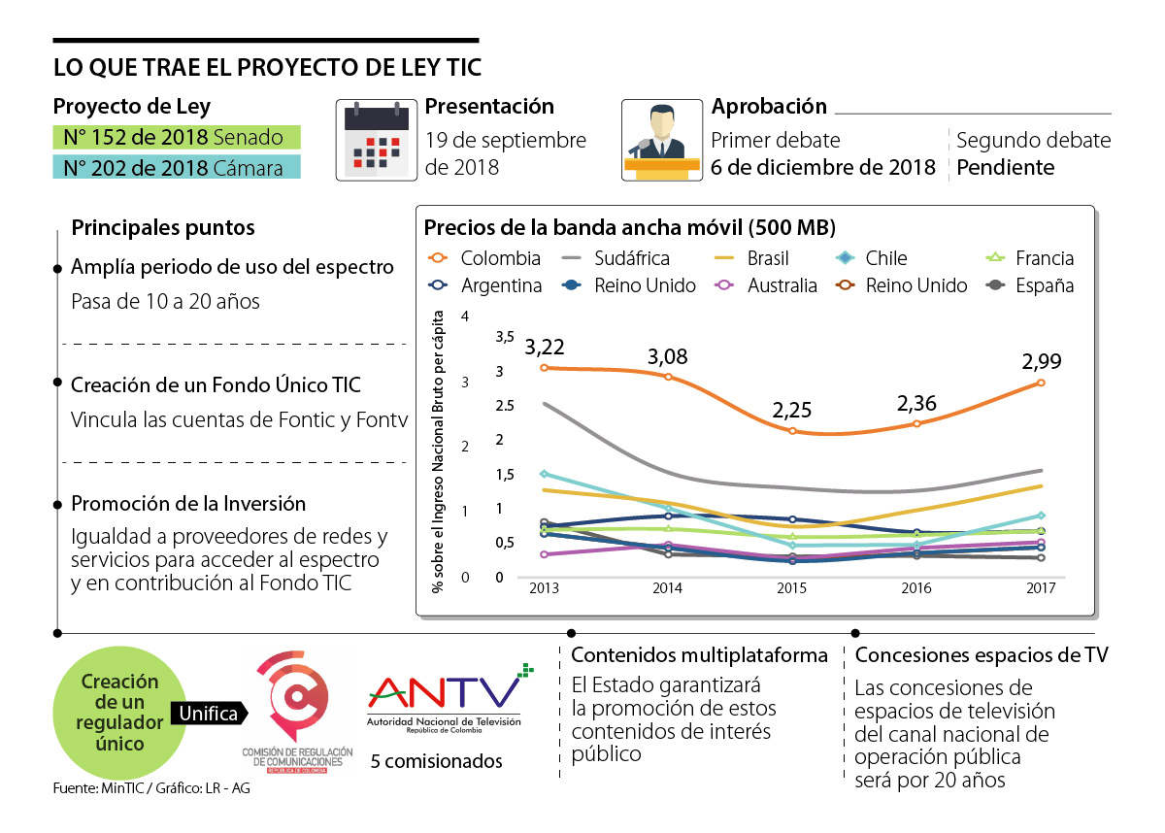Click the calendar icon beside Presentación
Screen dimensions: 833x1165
(376, 140)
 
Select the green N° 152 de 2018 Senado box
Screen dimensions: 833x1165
(176, 137)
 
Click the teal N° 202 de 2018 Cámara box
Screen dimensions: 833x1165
(176, 167)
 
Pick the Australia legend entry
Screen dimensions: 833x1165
(768, 285)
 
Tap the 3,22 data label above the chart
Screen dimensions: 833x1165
(545, 346)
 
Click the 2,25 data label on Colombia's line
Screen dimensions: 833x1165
(792, 409)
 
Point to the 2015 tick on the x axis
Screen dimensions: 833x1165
(792, 588)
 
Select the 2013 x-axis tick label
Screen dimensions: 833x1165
(544, 588)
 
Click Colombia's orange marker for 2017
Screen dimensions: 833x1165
(1041, 383)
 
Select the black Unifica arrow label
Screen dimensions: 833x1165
(209, 714)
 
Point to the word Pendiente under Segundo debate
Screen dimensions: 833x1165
(1005, 167)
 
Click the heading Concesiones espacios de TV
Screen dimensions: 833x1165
(982, 655)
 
